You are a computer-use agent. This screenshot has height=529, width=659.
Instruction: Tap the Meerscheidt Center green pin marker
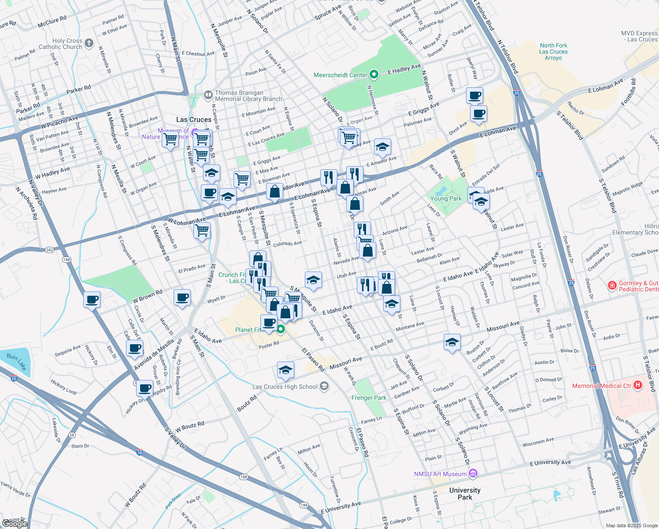(374, 75)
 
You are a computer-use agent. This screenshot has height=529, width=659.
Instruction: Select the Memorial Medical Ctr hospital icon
(637, 386)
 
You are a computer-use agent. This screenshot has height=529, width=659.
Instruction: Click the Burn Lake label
(16, 362)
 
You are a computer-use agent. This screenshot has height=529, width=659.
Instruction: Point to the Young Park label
(446, 198)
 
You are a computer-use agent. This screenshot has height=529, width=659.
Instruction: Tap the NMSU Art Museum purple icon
(473, 474)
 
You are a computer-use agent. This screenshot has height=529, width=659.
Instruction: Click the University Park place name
(465, 494)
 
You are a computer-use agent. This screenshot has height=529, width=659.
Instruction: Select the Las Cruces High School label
(285, 387)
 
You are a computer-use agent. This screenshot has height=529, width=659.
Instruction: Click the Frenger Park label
(369, 398)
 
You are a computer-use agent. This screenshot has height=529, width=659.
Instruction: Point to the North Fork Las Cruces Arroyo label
(553, 52)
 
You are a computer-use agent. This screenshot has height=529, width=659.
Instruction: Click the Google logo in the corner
(15, 523)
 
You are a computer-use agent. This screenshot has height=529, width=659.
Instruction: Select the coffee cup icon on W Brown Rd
(182, 298)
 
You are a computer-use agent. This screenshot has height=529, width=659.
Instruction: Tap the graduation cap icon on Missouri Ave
(452, 342)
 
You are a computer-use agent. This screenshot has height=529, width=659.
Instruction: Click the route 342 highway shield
(49, 250)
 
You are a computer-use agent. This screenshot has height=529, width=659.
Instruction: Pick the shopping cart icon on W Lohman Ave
(202, 230)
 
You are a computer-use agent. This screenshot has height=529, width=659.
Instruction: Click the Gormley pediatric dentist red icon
(612, 286)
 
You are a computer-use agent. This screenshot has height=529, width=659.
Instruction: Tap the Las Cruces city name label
(194, 119)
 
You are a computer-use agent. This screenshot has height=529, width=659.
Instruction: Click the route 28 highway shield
(72, 435)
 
